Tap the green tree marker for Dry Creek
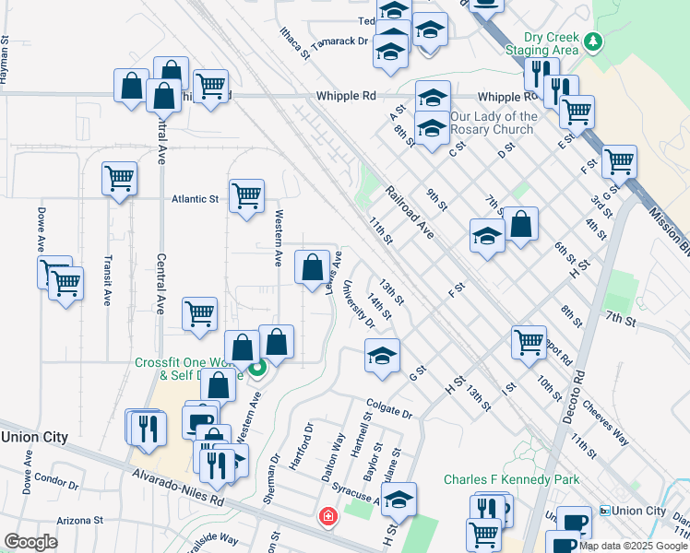pyautogui.click(x=595, y=41)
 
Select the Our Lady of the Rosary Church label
pyautogui.click(x=494, y=123)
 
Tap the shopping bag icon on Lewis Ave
pyautogui.click(x=312, y=267)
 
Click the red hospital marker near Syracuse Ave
pyautogui.click(x=326, y=517)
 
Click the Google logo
pyautogui.click(x=30, y=542)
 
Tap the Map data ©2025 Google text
pyautogui.click(x=633, y=546)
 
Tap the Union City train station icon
pyautogui.click(x=604, y=511)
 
